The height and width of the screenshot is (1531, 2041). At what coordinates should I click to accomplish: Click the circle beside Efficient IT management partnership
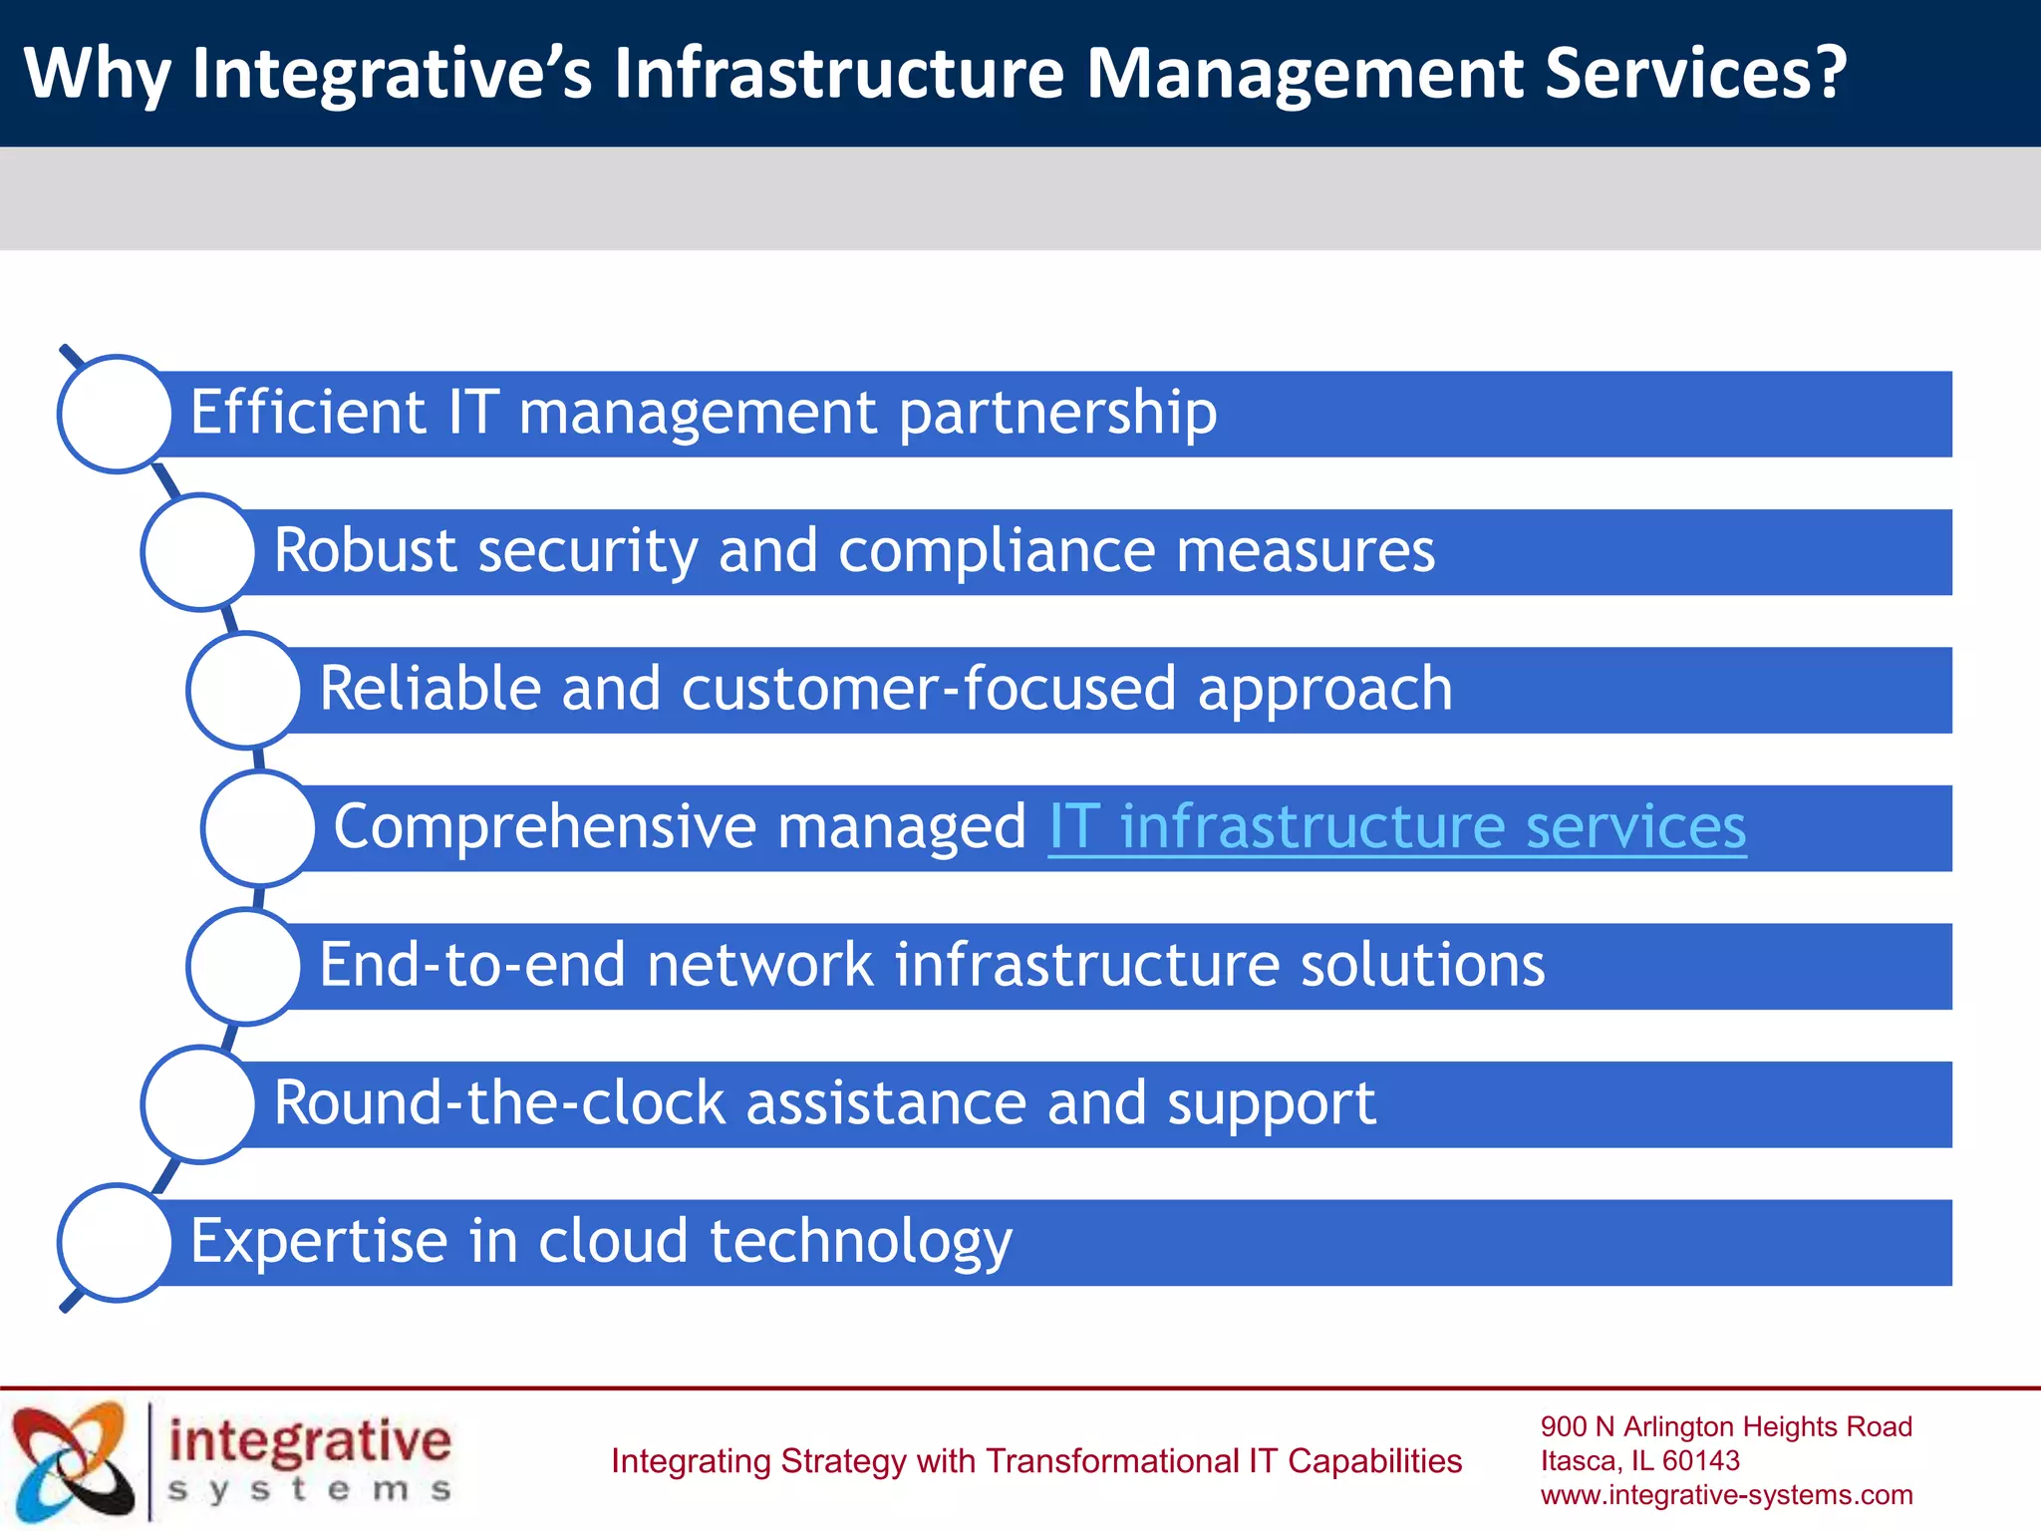(116, 414)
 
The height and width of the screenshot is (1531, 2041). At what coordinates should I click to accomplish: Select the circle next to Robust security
(199, 551)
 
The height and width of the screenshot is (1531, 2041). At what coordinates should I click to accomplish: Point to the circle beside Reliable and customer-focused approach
(244, 690)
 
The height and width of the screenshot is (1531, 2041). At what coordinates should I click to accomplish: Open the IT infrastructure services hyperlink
(1396, 827)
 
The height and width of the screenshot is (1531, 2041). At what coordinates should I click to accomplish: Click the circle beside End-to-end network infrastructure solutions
(244, 966)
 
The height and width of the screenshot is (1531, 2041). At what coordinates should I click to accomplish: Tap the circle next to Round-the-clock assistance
(199, 1103)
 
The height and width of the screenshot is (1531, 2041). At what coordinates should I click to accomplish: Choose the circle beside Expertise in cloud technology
(116, 1242)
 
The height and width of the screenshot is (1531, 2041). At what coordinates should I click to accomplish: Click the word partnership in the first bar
(1057, 415)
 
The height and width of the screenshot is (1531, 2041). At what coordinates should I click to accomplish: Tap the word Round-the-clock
(499, 1103)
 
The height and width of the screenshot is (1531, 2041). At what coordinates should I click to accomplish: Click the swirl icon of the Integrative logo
(72, 1461)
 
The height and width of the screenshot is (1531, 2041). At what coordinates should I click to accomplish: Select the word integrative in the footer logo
(310, 1441)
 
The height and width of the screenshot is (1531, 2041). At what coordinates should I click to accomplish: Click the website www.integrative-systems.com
(1726, 1495)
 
